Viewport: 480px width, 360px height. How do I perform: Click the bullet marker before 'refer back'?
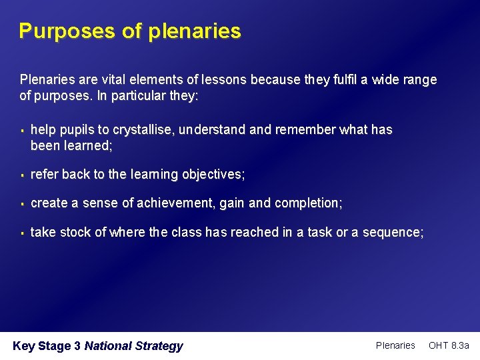[23, 175]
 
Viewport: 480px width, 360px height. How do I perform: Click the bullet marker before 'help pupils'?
[23, 130]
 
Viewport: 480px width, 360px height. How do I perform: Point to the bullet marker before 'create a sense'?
[23, 203]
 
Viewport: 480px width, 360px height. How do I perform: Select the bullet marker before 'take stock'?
[23, 233]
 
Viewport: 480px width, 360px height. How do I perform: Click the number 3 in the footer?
[77, 346]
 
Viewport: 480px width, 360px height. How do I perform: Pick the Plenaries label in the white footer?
[395, 345]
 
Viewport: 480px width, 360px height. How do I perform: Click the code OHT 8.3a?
[449, 345]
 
